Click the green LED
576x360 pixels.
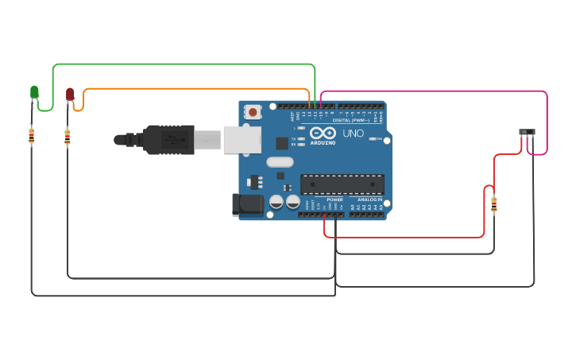point(34,93)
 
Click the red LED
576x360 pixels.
point(70,95)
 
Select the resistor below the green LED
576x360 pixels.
point(31,137)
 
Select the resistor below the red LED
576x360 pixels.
point(67,137)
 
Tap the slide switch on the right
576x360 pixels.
point(527,132)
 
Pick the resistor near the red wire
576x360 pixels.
point(493,205)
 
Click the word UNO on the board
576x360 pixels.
point(354,134)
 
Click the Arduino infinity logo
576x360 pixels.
point(323,133)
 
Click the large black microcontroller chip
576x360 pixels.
point(342,184)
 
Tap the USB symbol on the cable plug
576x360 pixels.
point(170,140)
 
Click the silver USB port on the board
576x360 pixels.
point(242,139)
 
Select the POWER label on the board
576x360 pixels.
point(334,199)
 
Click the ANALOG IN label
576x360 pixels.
point(369,199)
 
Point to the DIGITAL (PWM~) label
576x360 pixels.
point(350,120)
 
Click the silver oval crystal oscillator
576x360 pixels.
point(280,162)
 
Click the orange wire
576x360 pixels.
point(199,89)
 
